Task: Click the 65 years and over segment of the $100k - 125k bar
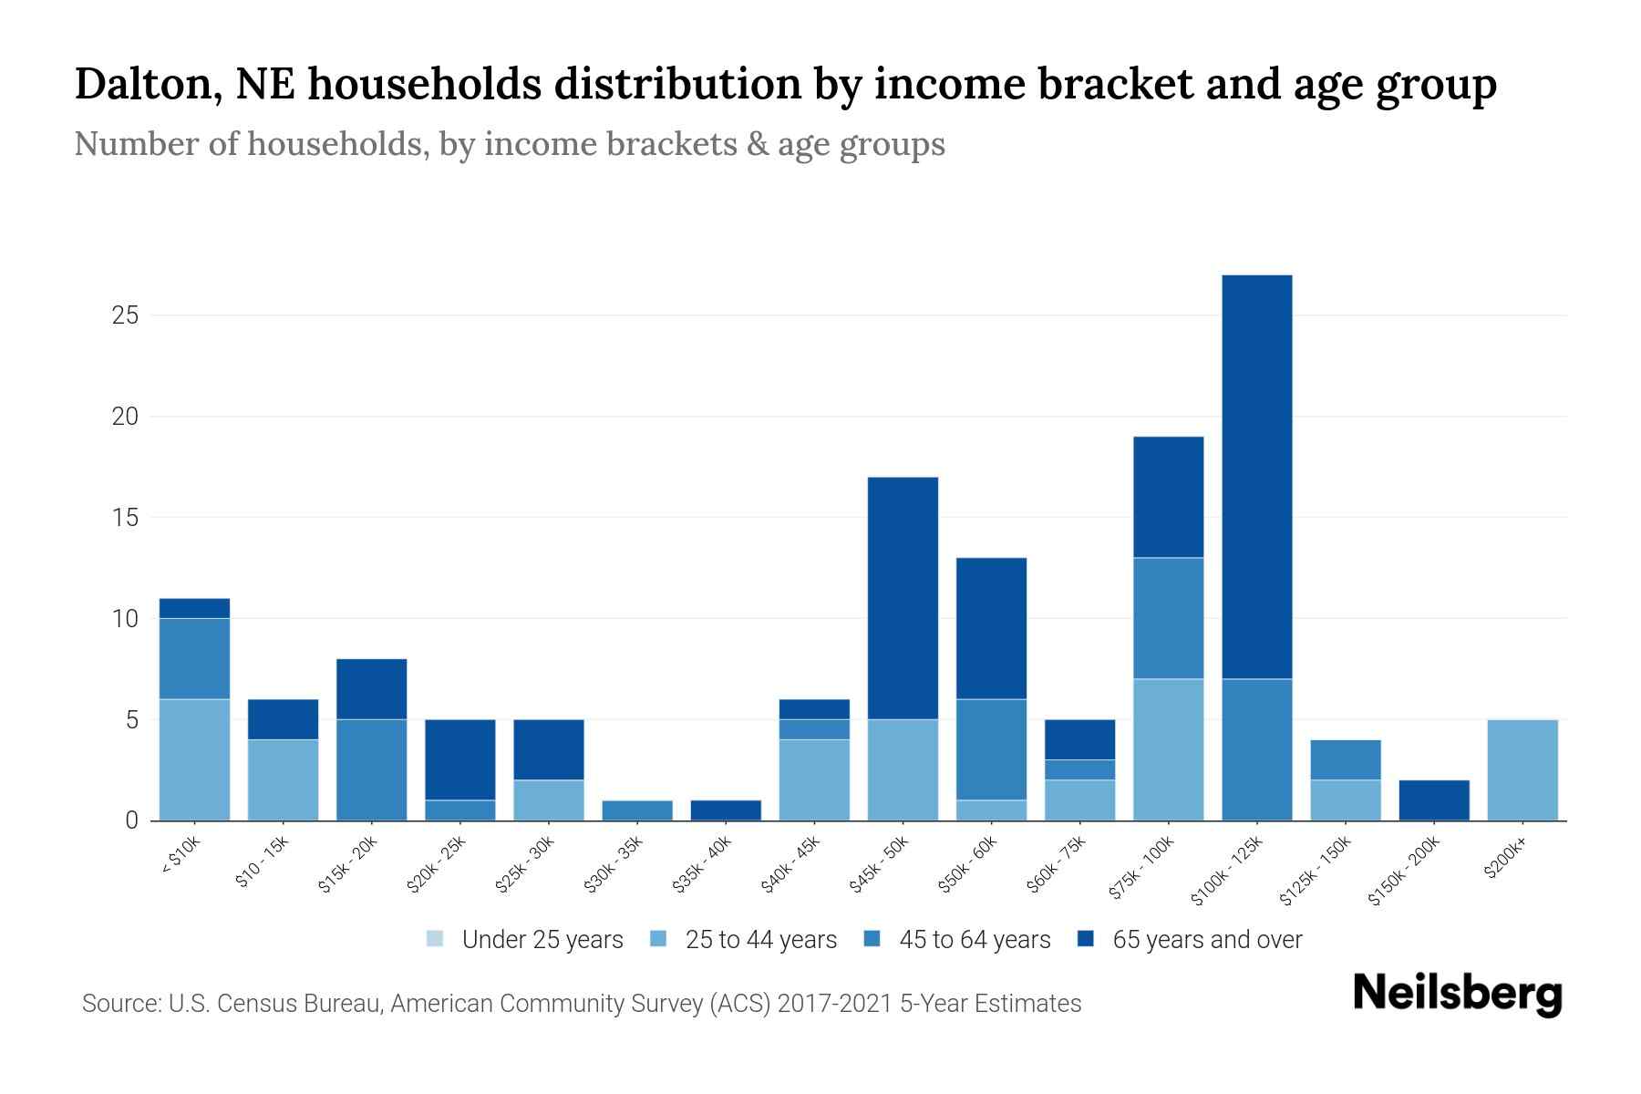[1257, 477]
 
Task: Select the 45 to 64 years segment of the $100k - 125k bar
[1257, 749]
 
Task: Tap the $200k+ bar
[1522, 770]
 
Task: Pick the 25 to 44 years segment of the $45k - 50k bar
[903, 770]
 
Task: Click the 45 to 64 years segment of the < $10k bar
[195, 659]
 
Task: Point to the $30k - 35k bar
[637, 810]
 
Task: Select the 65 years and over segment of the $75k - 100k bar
[1168, 497]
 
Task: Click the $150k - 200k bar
[1434, 800]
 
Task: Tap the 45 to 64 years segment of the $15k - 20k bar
[372, 770]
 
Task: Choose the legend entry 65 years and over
[1206, 940]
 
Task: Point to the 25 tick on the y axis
[125, 316]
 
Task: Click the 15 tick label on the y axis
[125, 518]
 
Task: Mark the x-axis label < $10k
[181, 856]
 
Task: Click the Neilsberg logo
[1457, 994]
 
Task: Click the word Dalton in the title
[142, 85]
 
